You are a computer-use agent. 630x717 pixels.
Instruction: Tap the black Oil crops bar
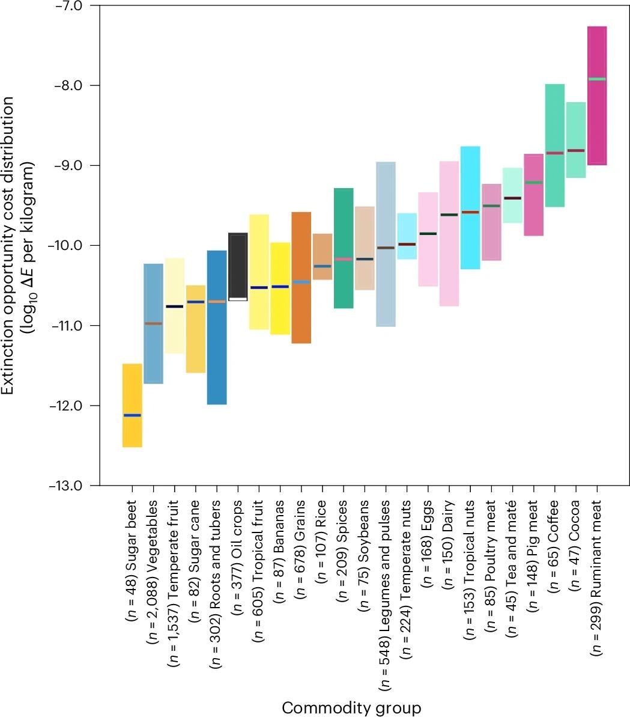[x=238, y=264]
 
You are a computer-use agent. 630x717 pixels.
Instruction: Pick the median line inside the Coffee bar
[x=554, y=153]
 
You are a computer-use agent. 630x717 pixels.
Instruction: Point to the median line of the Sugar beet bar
[x=132, y=415]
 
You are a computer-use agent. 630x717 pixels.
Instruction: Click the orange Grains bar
[x=301, y=313]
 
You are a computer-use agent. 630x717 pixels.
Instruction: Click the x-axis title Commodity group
[x=351, y=707]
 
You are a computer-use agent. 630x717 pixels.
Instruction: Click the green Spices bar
[x=344, y=228]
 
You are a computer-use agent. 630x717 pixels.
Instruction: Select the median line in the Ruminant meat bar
[x=597, y=79]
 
